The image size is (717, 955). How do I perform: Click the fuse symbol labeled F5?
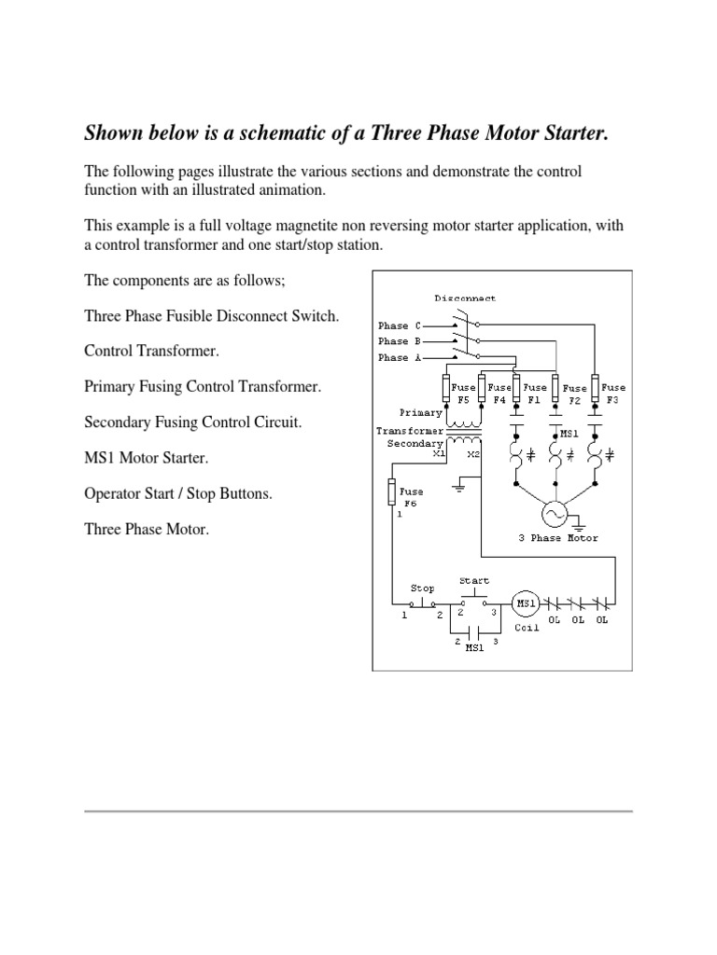444,387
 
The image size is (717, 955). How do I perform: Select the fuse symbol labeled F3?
595,387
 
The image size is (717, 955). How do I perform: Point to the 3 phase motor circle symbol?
556,514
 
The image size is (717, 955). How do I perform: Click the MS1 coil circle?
525,603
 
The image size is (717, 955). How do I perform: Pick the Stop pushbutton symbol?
424,602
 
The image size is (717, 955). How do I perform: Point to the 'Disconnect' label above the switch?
465,298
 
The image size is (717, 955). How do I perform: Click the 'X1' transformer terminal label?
439,454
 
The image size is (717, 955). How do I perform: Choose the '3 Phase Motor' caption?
558,538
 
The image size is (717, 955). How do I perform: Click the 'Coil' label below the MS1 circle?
527,627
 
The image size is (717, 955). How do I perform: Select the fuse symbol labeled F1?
518,387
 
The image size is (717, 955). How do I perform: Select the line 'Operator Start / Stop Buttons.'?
178,493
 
